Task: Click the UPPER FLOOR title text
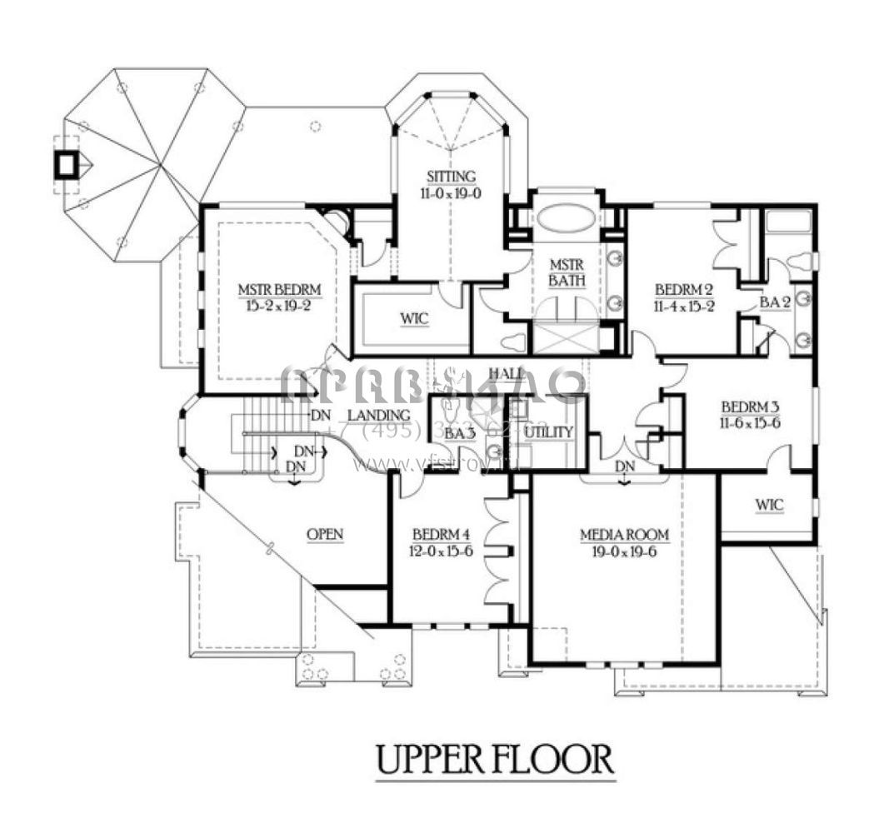[x=495, y=759]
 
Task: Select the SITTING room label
[x=452, y=177]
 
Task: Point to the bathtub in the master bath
[x=566, y=221]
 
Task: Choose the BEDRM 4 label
[x=443, y=534]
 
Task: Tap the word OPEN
[x=325, y=534]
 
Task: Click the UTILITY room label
[x=548, y=431]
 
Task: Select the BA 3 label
[x=459, y=433]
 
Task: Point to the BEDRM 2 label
[x=683, y=289]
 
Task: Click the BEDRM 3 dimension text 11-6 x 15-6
[x=749, y=423]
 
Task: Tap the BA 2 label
[x=775, y=304]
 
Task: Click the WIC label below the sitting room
[x=413, y=319]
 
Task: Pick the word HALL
[x=506, y=372]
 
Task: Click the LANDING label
[x=378, y=415]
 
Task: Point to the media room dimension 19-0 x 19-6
[x=625, y=550]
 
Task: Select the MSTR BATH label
[x=566, y=272]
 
